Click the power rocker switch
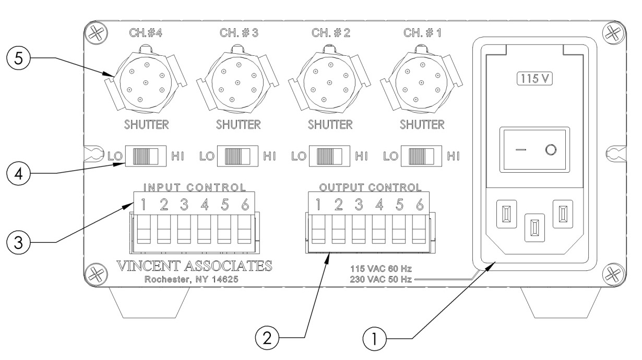[535, 150]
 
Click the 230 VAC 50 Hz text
[381, 280]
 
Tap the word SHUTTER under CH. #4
[147, 125]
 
